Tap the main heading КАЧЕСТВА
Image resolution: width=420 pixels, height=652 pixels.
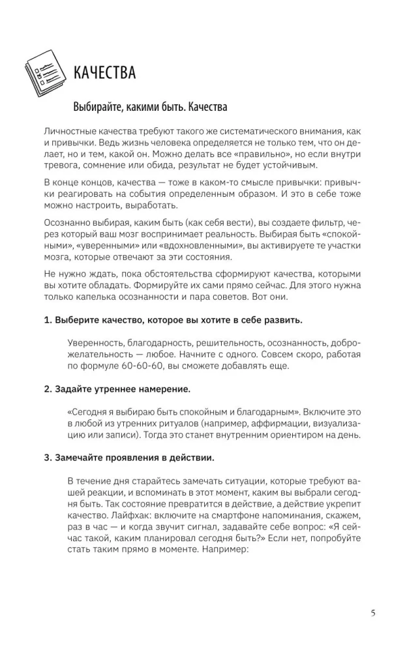tap(105, 72)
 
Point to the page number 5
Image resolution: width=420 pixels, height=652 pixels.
tap(372, 613)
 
